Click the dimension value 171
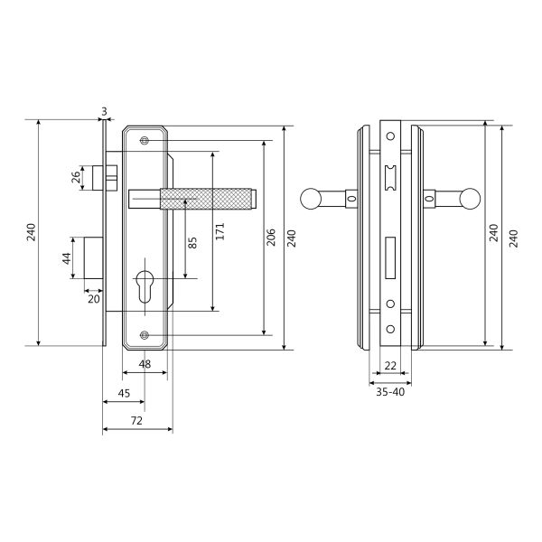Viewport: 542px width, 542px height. pyautogui.click(x=220, y=231)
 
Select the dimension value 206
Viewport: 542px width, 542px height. pyautogui.click(x=271, y=237)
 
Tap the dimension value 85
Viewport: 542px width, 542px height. pyautogui.click(x=192, y=243)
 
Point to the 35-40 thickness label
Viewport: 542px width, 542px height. pyautogui.click(x=390, y=392)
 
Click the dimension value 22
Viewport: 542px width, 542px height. pyautogui.click(x=390, y=365)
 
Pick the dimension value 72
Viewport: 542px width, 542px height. pyautogui.click(x=137, y=421)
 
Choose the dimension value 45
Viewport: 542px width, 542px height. pyautogui.click(x=124, y=393)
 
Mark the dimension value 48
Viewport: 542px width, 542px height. pyautogui.click(x=145, y=364)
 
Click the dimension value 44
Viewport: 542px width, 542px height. pyautogui.click(x=66, y=258)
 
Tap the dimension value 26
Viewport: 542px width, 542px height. pyautogui.click(x=76, y=178)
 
